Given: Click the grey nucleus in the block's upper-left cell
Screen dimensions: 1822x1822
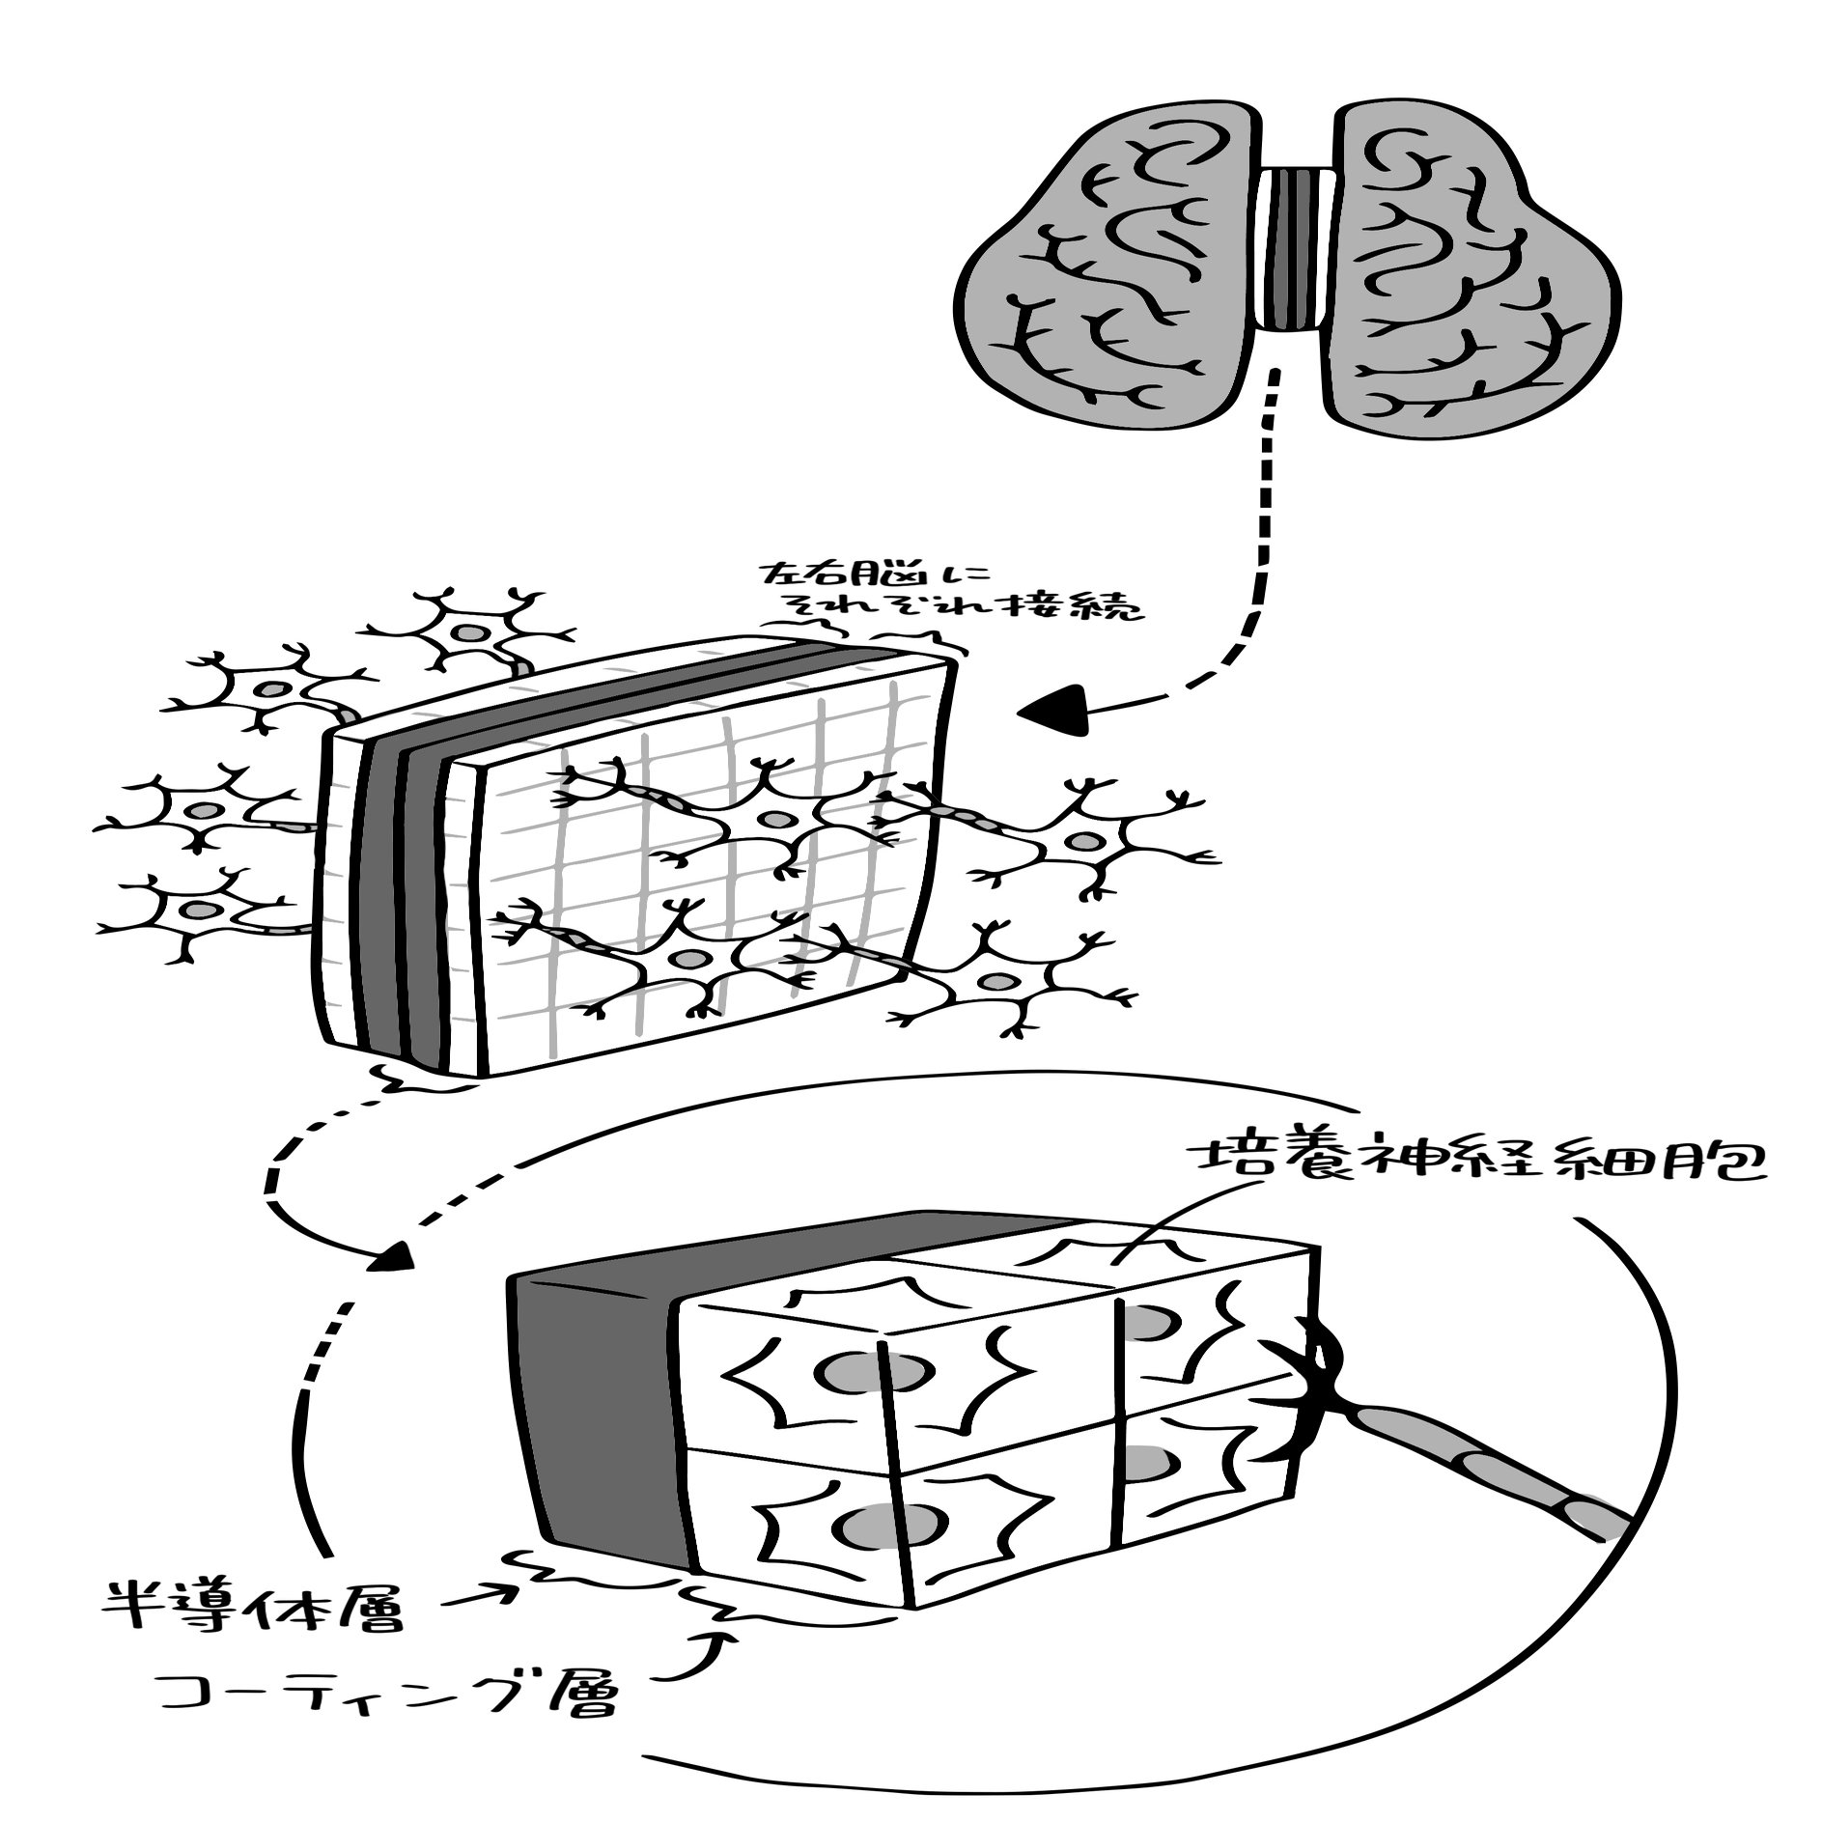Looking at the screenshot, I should click(850, 1371).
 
